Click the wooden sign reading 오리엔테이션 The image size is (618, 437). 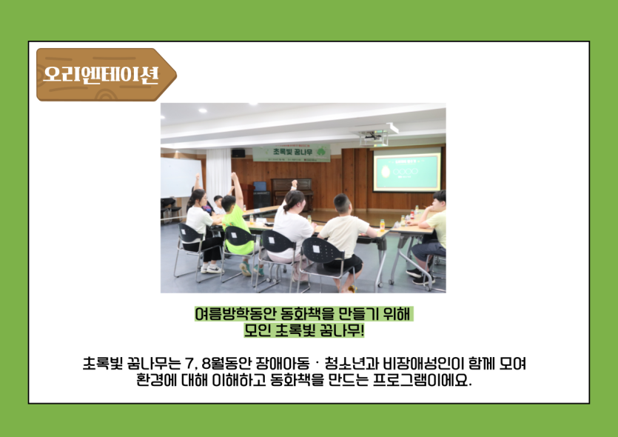click(106, 75)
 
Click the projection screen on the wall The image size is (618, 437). click(407, 170)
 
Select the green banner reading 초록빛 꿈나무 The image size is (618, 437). click(292, 153)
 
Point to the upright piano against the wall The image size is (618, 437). click(292, 193)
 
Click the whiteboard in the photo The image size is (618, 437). click(181, 178)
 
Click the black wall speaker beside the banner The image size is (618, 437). click(238, 153)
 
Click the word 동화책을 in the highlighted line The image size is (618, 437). click(306, 314)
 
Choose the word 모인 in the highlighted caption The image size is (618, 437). click(258, 330)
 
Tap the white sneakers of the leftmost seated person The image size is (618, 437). click(212, 269)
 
